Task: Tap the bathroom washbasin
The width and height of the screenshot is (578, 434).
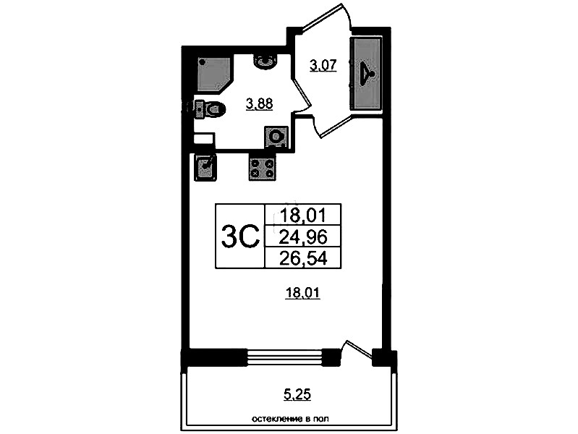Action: (265, 61)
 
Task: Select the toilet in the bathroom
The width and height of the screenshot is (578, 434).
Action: (209, 109)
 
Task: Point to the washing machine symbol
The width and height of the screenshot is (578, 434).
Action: (276, 137)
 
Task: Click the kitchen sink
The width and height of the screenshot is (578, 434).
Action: (205, 167)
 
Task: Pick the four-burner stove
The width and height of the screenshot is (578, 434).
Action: (262, 167)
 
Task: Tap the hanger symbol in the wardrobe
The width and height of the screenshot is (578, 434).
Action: (367, 73)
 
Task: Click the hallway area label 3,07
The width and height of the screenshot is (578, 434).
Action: (323, 66)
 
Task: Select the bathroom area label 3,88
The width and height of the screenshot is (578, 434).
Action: (260, 104)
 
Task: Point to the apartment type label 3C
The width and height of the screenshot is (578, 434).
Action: (240, 237)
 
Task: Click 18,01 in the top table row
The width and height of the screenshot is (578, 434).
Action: (303, 215)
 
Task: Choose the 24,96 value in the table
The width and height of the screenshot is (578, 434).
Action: (303, 237)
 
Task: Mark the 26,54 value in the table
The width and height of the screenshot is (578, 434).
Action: (303, 258)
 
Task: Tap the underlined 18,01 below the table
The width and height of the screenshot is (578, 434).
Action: (302, 293)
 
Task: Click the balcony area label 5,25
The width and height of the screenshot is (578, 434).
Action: (297, 394)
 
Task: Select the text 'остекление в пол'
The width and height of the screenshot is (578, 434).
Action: (290, 419)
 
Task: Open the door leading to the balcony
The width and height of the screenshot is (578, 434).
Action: (356, 349)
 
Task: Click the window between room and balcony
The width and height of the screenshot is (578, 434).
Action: (284, 357)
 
